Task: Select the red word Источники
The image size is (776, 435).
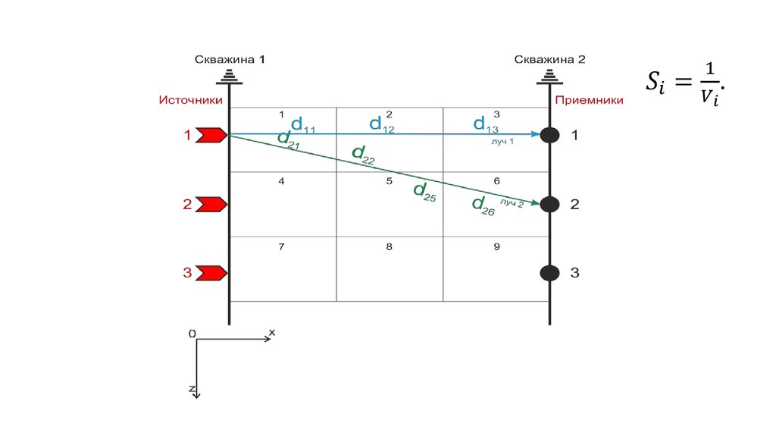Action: [x=190, y=99]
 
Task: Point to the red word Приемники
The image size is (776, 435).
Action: [x=589, y=99]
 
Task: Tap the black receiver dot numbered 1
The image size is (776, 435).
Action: [x=550, y=136]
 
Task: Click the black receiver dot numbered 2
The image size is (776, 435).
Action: [x=550, y=204]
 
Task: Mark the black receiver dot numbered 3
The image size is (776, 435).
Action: [x=550, y=273]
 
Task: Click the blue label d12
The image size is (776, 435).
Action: [x=382, y=125]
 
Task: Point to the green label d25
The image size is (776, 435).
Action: [x=425, y=192]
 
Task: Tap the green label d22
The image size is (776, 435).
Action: [x=364, y=155]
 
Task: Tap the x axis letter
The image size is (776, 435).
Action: [x=271, y=332]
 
